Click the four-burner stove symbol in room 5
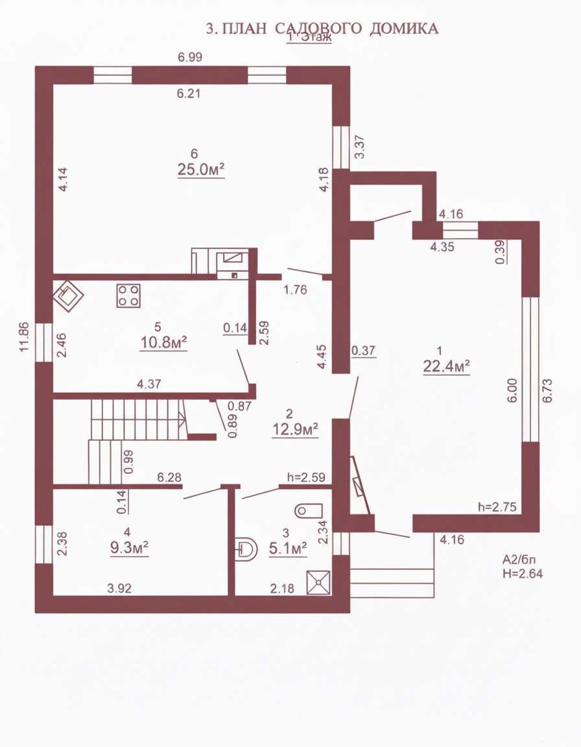click(x=128, y=296)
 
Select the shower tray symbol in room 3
click(x=318, y=583)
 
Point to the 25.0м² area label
click(x=201, y=170)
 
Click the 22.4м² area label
click(x=447, y=366)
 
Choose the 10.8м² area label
click(x=163, y=342)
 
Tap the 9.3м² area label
click(x=129, y=547)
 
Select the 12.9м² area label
click(x=295, y=429)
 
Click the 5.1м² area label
click(x=288, y=549)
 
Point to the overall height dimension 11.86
click(x=25, y=337)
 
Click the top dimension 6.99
click(x=190, y=57)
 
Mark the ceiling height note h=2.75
click(x=497, y=507)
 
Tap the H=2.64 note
click(x=523, y=574)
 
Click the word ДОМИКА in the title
click(x=404, y=29)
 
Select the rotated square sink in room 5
click(x=68, y=296)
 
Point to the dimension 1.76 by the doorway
click(x=295, y=289)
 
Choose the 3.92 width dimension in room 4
click(x=119, y=588)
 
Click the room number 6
click(x=194, y=154)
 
